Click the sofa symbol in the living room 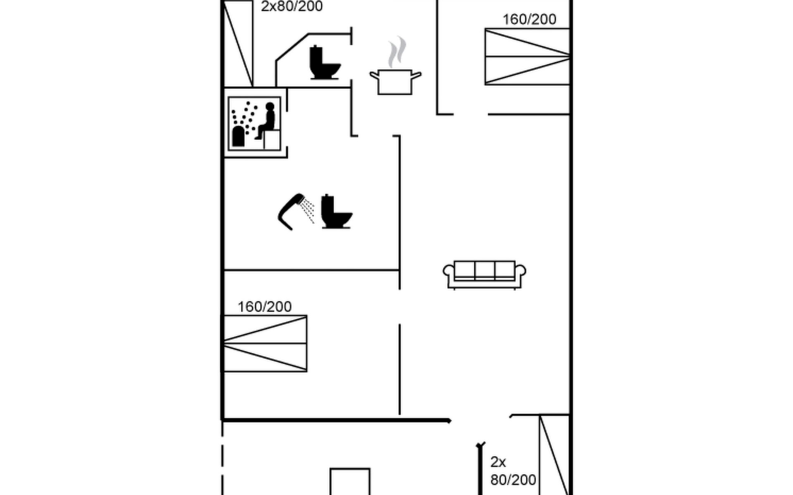(x=484, y=274)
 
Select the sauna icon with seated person (x=254, y=123)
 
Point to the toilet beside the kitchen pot (x=324, y=63)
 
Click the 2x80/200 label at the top (x=292, y=7)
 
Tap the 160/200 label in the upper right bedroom (x=529, y=19)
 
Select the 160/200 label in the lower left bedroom (x=264, y=306)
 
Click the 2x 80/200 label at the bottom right (x=513, y=471)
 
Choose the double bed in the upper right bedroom (x=527, y=57)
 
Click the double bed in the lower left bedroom (x=265, y=343)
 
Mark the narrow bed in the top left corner (x=238, y=43)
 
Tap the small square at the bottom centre (x=350, y=481)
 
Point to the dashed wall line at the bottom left (x=222, y=458)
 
